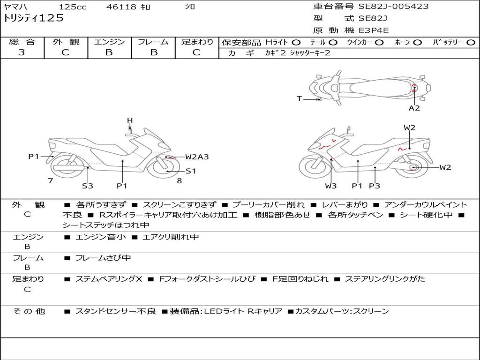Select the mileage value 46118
click(x=121, y=7)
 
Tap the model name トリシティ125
click(x=33, y=18)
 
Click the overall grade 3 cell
click(x=22, y=52)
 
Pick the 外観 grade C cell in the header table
click(x=65, y=52)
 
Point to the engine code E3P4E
click(x=374, y=30)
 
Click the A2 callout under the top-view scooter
click(x=414, y=108)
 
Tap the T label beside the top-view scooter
click(x=299, y=98)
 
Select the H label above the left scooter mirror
click(x=130, y=120)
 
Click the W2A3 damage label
click(x=196, y=157)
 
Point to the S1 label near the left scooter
click(x=191, y=171)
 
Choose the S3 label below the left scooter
click(x=88, y=186)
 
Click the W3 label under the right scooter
click(x=331, y=186)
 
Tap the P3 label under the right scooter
click(x=374, y=186)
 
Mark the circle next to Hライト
click(x=296, y=42)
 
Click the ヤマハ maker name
click(x=14, y=7)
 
